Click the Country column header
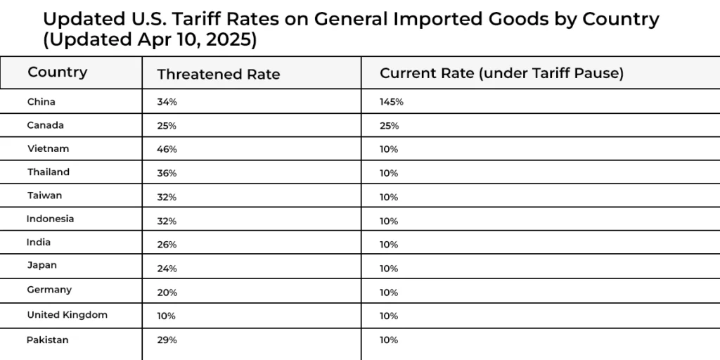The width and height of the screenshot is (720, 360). [x=58, y=72]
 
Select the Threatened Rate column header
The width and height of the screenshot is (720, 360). [x=219, y=74]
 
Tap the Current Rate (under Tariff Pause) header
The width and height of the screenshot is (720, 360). [x=501, y=73]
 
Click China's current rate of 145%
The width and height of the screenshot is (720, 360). [x=392, y=102]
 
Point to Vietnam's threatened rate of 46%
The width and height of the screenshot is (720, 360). [x=167, y=149]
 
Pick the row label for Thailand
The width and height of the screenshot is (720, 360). [x=49, y=172]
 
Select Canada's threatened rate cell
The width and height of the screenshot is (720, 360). [x=167, y=126]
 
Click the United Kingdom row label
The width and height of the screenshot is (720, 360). [x=67, y=315]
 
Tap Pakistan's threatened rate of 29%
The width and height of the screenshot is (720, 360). [x=167, y=340]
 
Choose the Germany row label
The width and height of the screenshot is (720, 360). [x=49, y=290]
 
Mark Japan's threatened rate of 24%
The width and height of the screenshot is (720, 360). [x=167, y=269]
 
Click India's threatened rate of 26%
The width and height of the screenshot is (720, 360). [x=167, y=245]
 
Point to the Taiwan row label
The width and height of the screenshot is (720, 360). [x=45, y=195]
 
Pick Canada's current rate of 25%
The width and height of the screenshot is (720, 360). [x=390, y=126]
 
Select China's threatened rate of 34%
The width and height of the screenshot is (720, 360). [x=167, y=102]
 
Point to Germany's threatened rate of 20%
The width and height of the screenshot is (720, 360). [x=167, y=292]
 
